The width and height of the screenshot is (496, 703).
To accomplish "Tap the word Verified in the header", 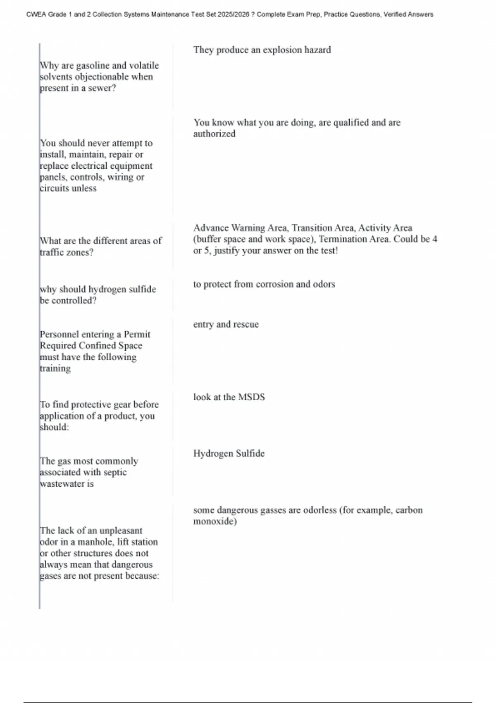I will coord(394,14).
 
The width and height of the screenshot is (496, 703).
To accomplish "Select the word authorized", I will coord(214,134).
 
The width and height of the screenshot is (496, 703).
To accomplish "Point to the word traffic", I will coord(53,252).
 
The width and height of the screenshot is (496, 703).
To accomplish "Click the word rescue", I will coord(246,324).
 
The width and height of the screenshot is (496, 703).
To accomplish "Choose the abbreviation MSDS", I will coord(251,397).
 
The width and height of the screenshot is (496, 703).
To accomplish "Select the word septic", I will coord(115,472).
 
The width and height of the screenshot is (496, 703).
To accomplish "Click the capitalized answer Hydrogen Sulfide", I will coord(229,453).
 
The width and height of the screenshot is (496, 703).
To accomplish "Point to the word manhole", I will coord(95,542).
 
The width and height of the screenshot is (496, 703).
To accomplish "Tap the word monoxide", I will coord(215,521).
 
